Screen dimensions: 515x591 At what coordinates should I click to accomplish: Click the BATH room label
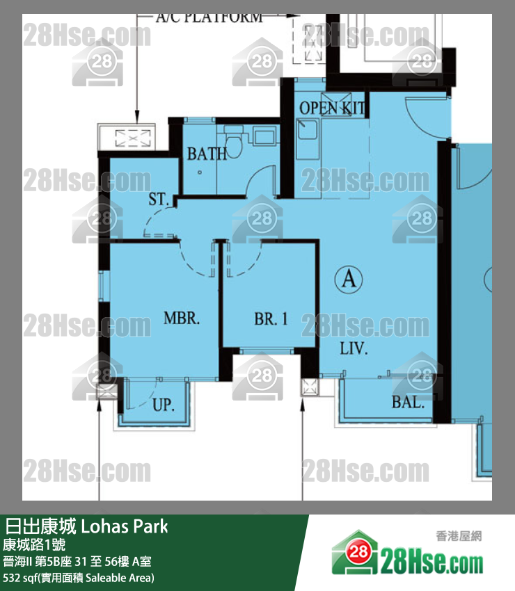click(x=207, y=154)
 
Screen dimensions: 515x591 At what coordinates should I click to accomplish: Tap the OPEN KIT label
click(x=332, y=108)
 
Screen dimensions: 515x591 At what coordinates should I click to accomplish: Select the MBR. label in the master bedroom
click(x=182, y=318)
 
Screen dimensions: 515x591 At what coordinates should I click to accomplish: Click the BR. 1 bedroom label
click(x=271, y=319)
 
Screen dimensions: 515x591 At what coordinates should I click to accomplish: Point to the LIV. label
click(x=354, y=348)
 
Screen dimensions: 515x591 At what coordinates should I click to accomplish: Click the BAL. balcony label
click(x=409, y=403)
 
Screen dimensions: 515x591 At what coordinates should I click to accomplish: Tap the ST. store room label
click(x=158, y=199)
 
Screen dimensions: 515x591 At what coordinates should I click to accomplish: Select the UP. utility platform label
click(x=164, y=405)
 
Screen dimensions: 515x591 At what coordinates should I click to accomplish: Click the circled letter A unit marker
click(x=349, y=280)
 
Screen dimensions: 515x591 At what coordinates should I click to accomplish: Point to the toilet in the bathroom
click(x=234, y=145)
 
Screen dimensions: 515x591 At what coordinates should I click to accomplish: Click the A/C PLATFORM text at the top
click(x=209, y=17)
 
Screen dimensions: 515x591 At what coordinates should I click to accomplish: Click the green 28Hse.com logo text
click(x=431, y=563)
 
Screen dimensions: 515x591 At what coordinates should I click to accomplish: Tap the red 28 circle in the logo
click(x=358, y=553)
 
